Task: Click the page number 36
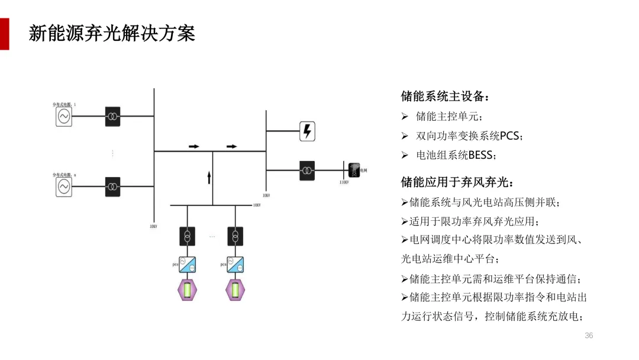[x=588, y=336]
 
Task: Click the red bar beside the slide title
[x=4, y=34]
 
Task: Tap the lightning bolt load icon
[x=307, y=131]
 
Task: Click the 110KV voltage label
[x=344, y=182]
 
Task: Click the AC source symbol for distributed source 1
[x=63, y=116]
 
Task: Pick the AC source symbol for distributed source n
[x=63, y=187]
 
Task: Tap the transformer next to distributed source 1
[x=112, y=116]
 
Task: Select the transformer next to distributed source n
[x=112, y=187]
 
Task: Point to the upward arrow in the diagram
[x=209, y=176]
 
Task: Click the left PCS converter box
[x=188, y=264]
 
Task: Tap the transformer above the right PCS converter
[x=235, y=236]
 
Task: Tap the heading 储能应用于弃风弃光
[x=457, y=181]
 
